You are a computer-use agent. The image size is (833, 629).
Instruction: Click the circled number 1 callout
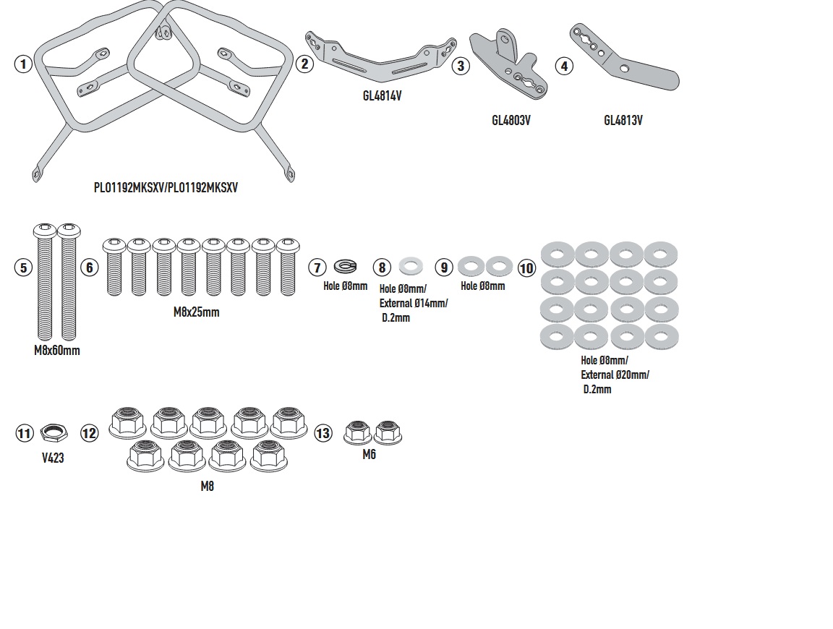pyautogui.click(x=23, y=64)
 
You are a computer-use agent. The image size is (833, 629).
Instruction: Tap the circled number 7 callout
pyautogui.click(x=317, y=268)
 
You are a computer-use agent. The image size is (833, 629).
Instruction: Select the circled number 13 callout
pyautogui.click(x=322, y=433)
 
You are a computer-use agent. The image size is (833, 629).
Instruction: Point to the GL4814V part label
pyautogui.click(x=382, y=95)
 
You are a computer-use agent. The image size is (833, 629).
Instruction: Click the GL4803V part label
pyautogui.click(x=511, y=121)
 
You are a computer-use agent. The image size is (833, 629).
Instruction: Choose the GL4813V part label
pyautogui.click(x=623, y=121)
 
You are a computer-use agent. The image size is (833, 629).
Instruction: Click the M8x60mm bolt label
pyautogui.click(x=57, y=351)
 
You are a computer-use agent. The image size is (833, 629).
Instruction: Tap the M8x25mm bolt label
pyautogui.click(x=196, y=312)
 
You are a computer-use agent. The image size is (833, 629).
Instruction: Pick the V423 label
pyautogui.click(x=53, y=458)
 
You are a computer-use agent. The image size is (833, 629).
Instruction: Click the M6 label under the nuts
pyautogui.click(x=369, y=455)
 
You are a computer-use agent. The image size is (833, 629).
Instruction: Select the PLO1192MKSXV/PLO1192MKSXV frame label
pyautogui.click(x=166, y=187)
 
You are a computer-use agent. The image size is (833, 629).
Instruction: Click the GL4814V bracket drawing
pyautogui.click(x=381, y=59)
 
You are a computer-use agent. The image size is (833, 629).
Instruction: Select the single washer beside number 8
pyautogui.click(x=411, y=266)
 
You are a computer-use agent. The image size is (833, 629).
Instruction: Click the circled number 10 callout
pyautogui.click(x=526, y=269)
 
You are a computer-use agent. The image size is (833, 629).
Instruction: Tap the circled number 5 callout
pyautogui.click(x=24, y=268)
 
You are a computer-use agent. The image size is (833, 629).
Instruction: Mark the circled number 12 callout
pyautogui.click(x=89, y=433)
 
